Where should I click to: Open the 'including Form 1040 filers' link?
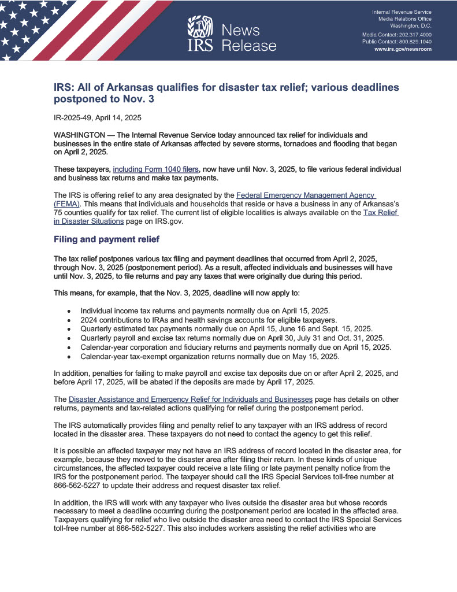coord(156,169)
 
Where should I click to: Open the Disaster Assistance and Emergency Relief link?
coord(191,399)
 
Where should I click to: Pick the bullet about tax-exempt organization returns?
coord(210,356)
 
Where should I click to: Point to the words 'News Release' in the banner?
coord(249,38)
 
